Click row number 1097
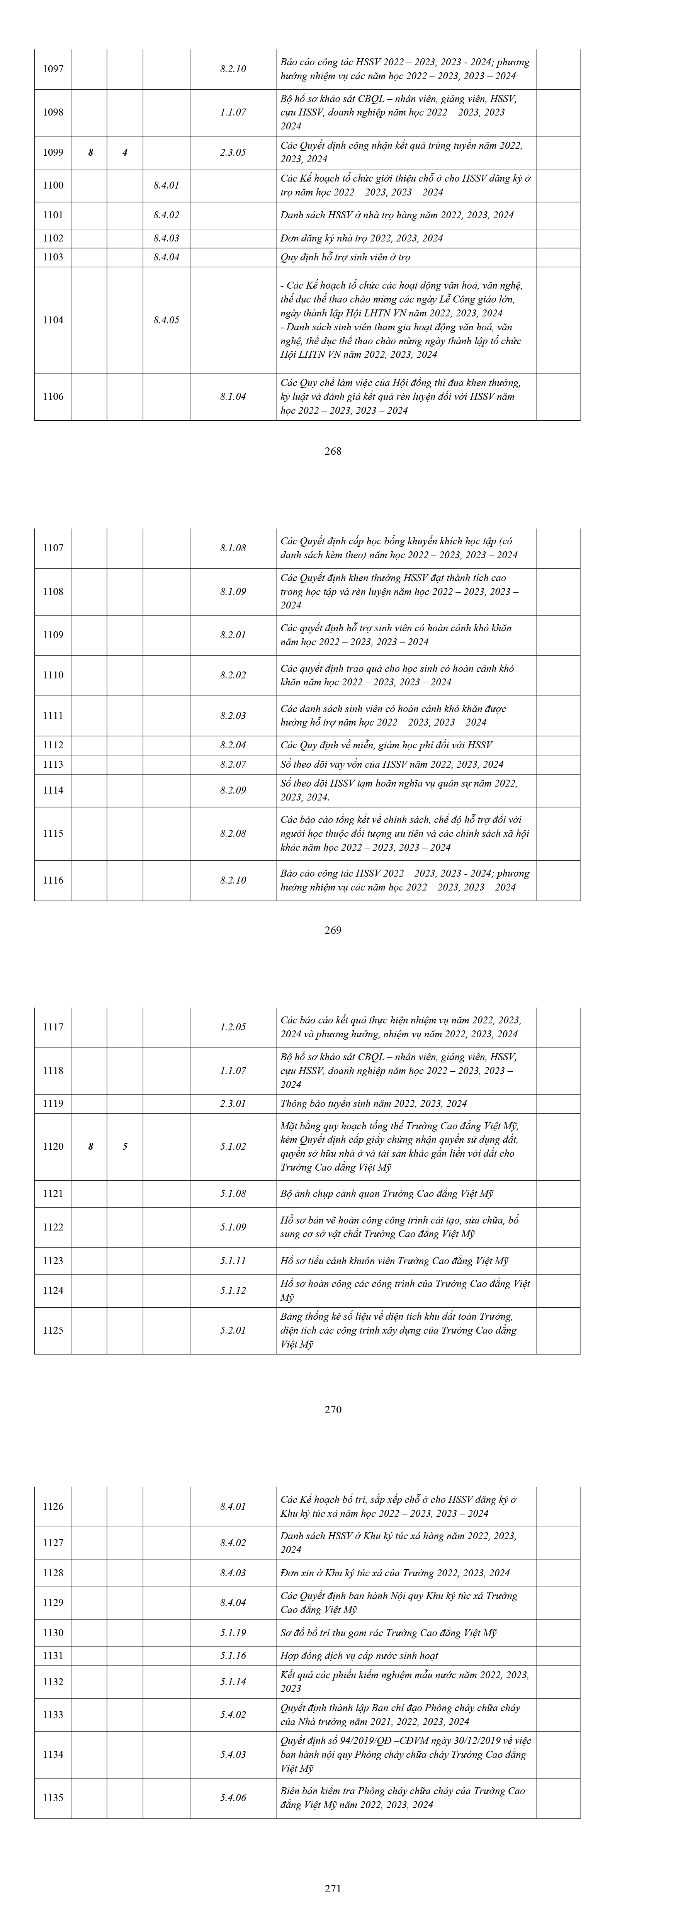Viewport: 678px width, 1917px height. [53, 69]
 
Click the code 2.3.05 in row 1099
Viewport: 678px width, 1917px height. [233, 153]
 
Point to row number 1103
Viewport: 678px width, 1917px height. [53, 257]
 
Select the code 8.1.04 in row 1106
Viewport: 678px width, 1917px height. [233, 397]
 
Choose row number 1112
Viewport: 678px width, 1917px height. [53, 745]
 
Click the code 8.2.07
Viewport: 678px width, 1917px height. [233, 764]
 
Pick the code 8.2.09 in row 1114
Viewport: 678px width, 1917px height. [233, 790]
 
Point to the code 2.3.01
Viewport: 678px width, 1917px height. [233, 1104]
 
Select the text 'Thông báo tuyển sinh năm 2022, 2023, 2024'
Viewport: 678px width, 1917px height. [374, 1104]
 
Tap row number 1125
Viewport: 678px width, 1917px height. [53, 1330]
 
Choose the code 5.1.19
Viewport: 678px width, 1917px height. [233, 1633]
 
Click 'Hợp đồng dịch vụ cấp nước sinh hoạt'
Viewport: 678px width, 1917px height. [359, 1656]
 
